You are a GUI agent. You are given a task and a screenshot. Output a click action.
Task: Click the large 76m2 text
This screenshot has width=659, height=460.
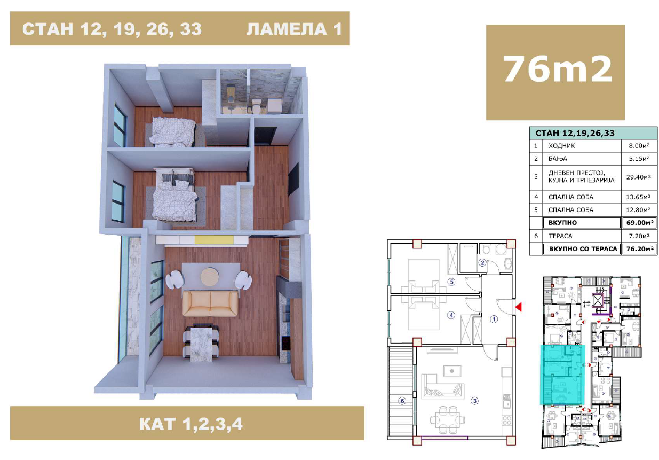click(x=558, y=69)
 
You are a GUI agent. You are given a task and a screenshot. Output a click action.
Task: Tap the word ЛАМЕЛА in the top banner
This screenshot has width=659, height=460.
click(x=287, y=29)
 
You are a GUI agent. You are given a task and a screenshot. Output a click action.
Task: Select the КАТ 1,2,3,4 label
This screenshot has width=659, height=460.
click(x=190, y=424)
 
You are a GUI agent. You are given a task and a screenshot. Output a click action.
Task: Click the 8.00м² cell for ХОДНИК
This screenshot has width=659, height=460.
click(x=639, y=145)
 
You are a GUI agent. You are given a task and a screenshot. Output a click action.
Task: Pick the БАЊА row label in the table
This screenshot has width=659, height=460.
click(x=558, y=159)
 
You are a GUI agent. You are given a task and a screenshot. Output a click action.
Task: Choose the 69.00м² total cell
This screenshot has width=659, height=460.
click(x=640, y=223)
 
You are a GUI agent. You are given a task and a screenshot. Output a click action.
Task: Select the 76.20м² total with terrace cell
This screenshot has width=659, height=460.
click(x=640, y=249)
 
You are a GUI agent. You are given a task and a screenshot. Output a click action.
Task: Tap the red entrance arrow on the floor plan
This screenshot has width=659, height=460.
click(x=518, y=307)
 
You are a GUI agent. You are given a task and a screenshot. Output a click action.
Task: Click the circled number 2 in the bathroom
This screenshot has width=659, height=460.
click(x=482, y=262)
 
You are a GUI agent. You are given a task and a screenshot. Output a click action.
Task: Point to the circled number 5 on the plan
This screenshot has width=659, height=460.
click(x=451, y=282)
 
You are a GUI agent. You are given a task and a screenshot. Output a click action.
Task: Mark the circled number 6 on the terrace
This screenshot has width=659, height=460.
click(x=402, y=401)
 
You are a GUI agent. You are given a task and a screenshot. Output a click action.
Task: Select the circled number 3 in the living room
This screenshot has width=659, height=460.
click(x=474, y=401)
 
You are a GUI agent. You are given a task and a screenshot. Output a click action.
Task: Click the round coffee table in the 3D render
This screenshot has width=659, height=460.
click(x=210, y=276)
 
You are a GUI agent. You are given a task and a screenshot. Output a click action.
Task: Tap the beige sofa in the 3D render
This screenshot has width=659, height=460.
click(x=210, y=303)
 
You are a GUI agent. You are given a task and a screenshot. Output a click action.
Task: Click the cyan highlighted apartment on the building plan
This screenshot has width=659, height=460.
click(x=562, y=375)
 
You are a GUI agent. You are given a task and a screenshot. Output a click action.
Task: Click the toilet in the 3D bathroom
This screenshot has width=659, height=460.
click(x=256, y=106)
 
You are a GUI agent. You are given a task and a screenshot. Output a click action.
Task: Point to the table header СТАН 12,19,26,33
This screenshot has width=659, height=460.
click(x=575, y=133)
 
